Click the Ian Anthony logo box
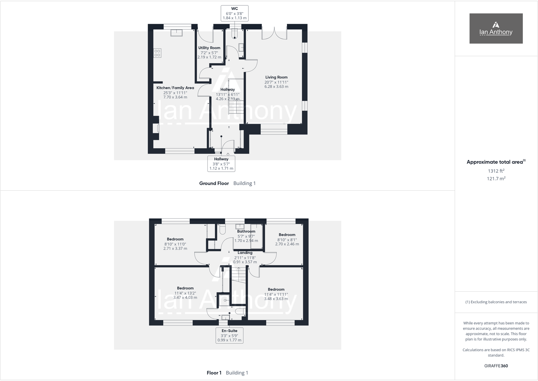[496, 28]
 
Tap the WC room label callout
[234, 13]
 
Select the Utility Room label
[209, 52]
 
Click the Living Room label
[276, 82]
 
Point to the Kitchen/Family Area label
[175, 92]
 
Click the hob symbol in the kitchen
[157, 53]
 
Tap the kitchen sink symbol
[176, 32]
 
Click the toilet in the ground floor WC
[234, 33]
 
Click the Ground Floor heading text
[214, 183]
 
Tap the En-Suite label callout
[229, 335]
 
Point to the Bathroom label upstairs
[246, 236]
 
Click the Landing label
[245, 257]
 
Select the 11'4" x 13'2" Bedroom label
[185, 293]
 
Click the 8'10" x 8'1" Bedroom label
[287, 239]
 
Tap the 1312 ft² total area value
[496, 171]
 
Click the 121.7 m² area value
[496, 179]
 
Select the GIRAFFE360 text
[496, 366]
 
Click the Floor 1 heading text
[214, 373]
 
